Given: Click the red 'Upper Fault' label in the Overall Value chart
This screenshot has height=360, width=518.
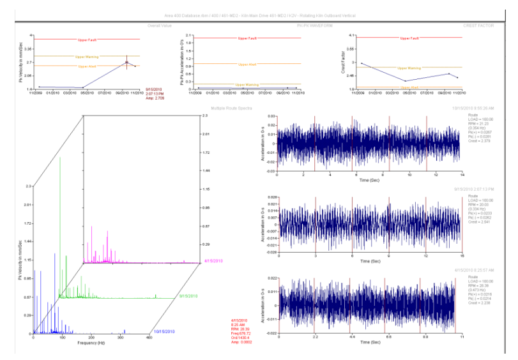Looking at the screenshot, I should [87, 40].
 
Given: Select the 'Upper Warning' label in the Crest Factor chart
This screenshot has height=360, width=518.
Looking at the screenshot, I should [409, 68].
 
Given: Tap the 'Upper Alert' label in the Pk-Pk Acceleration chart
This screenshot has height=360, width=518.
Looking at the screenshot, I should [247, 64].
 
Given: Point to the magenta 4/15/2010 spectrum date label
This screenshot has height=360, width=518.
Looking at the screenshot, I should [213, 261].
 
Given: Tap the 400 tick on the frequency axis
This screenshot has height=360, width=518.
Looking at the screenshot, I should [149, 338].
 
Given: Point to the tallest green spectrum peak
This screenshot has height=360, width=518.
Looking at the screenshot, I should [61, 158].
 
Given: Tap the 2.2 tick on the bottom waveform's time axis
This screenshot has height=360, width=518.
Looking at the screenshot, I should [314, 336].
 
